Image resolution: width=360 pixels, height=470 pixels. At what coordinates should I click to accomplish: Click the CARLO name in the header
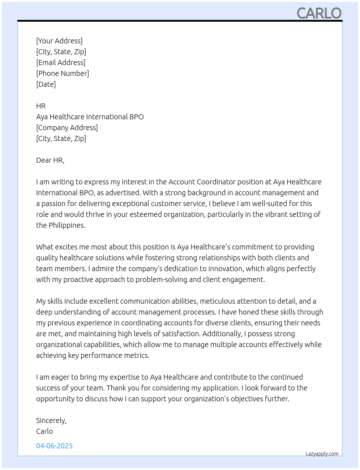319,13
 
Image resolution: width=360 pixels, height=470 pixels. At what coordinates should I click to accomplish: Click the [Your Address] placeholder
59,41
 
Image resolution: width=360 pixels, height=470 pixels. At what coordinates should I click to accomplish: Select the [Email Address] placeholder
61,63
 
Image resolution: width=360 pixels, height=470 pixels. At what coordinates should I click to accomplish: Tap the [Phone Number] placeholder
63,73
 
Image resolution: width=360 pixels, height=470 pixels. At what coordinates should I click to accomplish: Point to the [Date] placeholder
46,84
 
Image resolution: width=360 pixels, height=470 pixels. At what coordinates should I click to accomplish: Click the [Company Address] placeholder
67,128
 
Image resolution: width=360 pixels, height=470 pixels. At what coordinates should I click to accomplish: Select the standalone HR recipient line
41,106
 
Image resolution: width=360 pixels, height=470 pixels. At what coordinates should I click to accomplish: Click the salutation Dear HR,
50,160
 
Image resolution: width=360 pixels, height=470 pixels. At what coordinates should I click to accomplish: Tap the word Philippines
67,225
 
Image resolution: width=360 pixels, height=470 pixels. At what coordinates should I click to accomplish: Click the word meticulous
216,301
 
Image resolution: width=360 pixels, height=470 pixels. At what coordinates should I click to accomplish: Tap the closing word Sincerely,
51,420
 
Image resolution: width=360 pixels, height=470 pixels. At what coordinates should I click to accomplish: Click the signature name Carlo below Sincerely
44,431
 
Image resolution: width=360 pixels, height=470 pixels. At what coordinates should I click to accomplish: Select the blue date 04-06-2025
55,446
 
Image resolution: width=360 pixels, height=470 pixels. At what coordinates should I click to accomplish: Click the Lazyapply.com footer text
322,454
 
